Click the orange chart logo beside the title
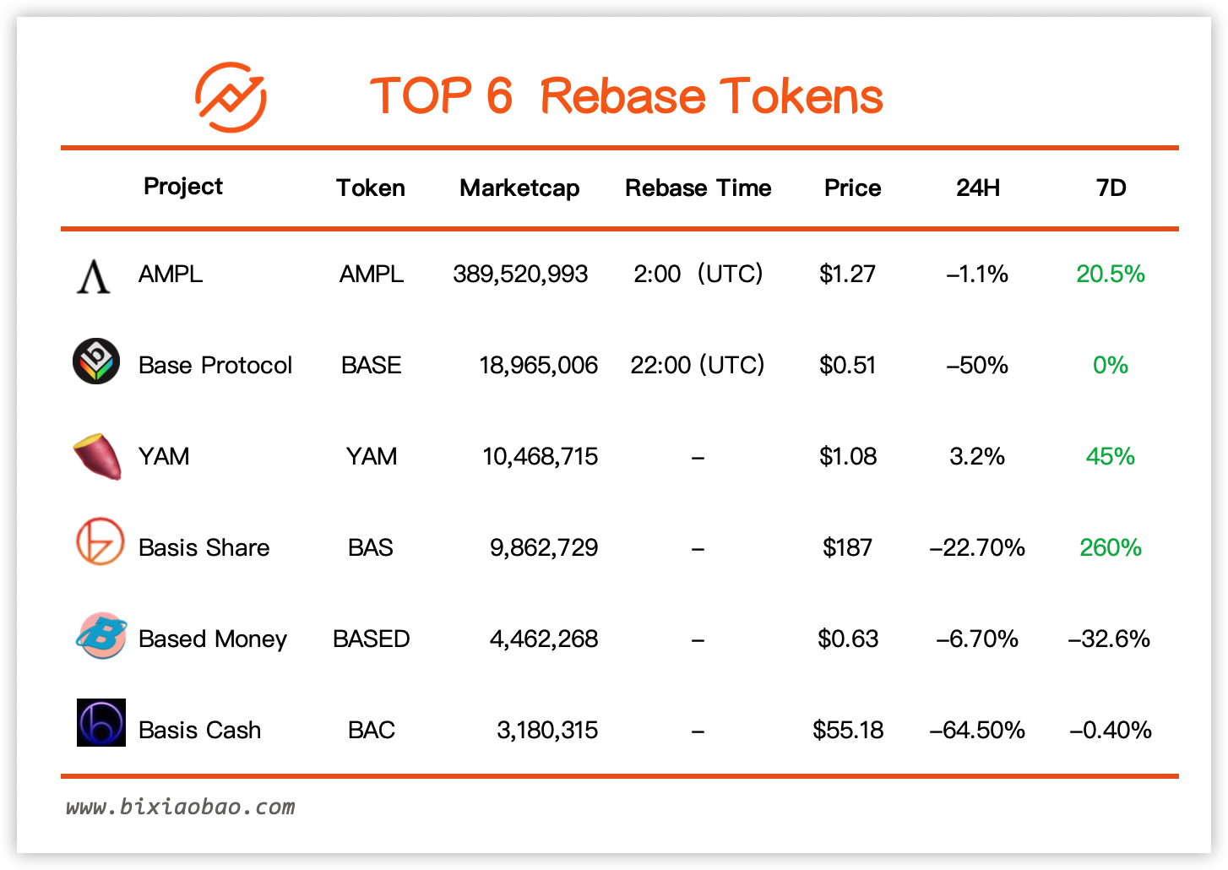click(231, 97)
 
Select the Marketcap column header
click(519, 188)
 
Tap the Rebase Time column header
click(698, 188)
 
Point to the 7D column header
click(1111, 188)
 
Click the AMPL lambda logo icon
click(94, 276)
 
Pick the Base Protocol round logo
click(96, 362)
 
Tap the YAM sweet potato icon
click(98, 457)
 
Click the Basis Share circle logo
click(100, 541)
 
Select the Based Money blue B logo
click(101, 635)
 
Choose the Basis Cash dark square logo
click(101, 722)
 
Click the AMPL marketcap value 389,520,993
click(520, 275)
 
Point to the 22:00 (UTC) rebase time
click(698, 365)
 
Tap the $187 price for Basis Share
click(848, 547)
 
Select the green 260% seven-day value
click(1111, 547)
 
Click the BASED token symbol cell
click(371, 639)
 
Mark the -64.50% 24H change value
click(977, 730)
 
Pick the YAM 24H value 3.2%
click(977, 457)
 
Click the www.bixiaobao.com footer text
click(181, 807)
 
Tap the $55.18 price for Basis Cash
click(848, 730)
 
